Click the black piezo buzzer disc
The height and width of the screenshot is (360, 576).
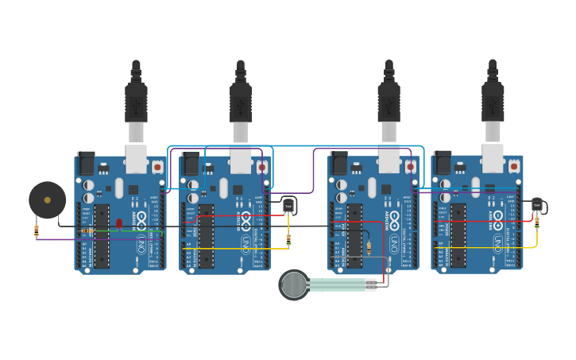tap(48, 200)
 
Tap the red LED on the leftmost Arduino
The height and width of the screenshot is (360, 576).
tap(119, 223)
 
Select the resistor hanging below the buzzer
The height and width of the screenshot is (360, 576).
tap(37, 230)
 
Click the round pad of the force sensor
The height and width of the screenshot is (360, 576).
tap(294, 285)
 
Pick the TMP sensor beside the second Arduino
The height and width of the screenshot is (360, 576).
tap(288, 205)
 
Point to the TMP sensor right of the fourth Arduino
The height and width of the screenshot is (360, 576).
tap(537, 204)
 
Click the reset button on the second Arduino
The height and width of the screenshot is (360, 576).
tap(262, 167)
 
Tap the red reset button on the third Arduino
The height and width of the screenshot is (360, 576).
tap(410, 167)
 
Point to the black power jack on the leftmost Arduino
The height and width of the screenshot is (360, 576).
tap(85, 163)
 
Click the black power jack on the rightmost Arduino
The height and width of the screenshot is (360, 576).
tap(442, 163)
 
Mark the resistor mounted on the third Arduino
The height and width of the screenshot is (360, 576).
tap(369, 247)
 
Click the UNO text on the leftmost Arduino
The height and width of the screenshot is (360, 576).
tap(141, 242)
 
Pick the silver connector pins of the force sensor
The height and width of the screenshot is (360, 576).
tap(370, 285)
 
